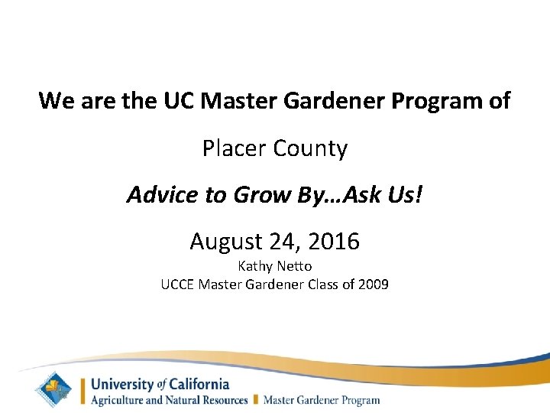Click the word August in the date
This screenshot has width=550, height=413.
coord(226,242)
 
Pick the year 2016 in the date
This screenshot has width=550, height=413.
coord(333,242)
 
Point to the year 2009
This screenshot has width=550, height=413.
coord(373,285)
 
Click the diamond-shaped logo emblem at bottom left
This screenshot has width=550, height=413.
coord(56,389)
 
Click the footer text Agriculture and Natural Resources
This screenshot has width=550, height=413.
coord(169,399)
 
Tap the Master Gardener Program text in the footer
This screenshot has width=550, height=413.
coord(321,399)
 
